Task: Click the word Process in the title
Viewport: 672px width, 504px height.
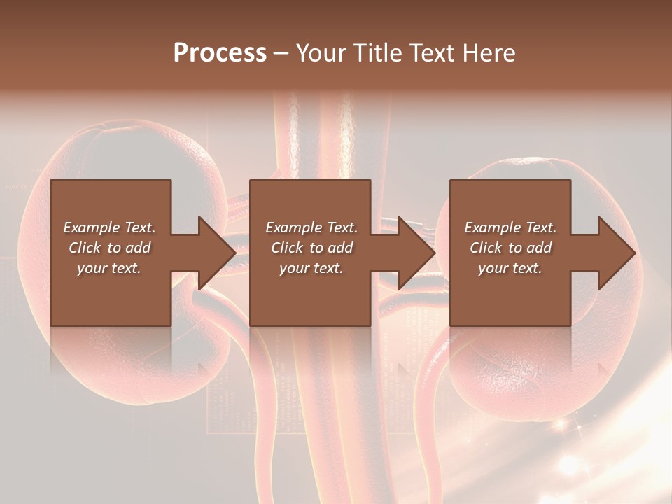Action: pos(220,53)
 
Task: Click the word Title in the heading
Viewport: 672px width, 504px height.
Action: pos(379,53)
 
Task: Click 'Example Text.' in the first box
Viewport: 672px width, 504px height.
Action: pos(109,227)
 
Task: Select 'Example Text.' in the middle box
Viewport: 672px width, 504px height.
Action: pos(311,227)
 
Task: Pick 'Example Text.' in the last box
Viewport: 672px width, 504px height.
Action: pos(510,227)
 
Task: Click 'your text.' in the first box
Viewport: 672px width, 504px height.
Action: pos(109,268)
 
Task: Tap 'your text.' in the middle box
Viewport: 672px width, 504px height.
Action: pos(311,268)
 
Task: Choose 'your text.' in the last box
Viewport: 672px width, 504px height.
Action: pos(510,268)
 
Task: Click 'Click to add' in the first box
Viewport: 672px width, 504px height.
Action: pos(109,248)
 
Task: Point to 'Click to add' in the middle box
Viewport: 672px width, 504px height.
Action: pos(311,248)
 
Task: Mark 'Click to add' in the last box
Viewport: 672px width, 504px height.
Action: pos(510,248)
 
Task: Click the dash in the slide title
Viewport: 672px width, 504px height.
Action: pos(281,53)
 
